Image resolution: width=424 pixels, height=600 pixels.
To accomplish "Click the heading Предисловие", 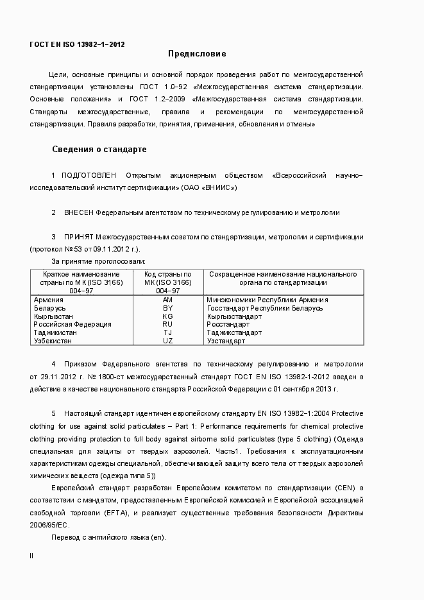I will pyautogui.click(x=197, y=54).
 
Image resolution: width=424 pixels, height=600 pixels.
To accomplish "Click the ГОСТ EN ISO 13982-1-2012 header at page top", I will pyautogui.click(x=77, y=44).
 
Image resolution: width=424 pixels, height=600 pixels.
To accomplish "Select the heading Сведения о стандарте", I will pyautogui.click(x=99, y=150).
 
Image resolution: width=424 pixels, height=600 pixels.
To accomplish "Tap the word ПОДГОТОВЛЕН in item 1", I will pyautogui.click(x=89, y=175).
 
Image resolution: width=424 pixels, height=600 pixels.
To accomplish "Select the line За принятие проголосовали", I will pyautogui.click(x=98, y=261).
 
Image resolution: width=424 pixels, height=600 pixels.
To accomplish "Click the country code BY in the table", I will pyautogui.click(x=167, y=308).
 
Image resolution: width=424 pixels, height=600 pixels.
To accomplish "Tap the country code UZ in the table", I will pyautogui.click(x=167, y=341).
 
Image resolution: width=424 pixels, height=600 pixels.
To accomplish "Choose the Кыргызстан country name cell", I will pyautogui.click(x=53, y=316).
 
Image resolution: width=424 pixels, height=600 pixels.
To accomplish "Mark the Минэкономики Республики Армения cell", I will pyautogui.click(x=267, y=300).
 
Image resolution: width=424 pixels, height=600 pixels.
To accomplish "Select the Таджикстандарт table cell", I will pyautogui.click(x=234, y=333).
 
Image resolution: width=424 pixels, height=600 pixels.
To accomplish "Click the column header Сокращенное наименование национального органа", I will pyautogui.click(x=283, y=278).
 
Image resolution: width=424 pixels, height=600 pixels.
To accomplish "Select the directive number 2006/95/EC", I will pyautogui.click(x=51, y=525).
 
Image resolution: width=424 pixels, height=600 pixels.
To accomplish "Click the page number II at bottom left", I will pyautogui.click(x=31, y=556).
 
